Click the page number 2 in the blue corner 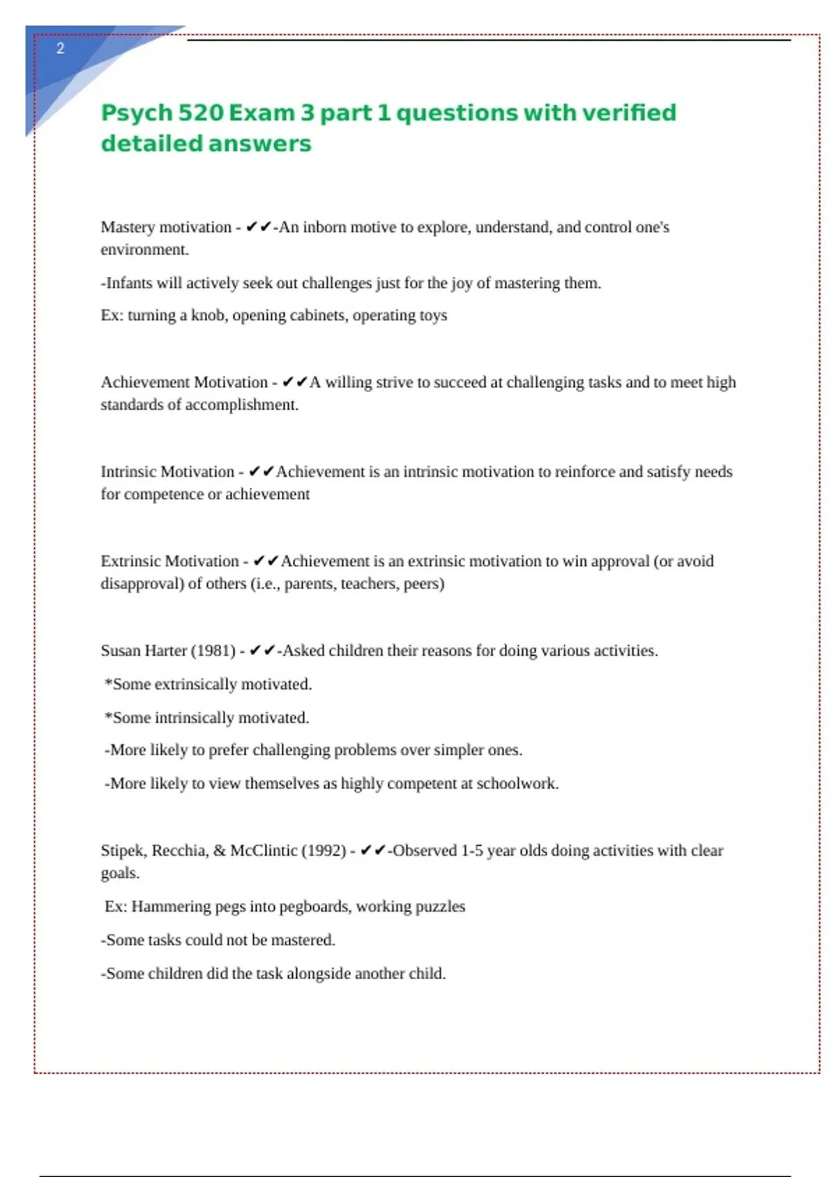60,48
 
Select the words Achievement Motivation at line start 184,382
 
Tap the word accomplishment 242,405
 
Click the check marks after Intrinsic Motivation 261,471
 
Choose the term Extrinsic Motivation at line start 170,561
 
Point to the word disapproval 142,584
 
